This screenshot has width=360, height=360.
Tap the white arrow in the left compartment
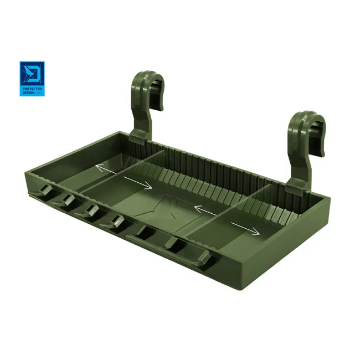point(108,168)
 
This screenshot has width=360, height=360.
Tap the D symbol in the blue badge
point(32,74)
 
